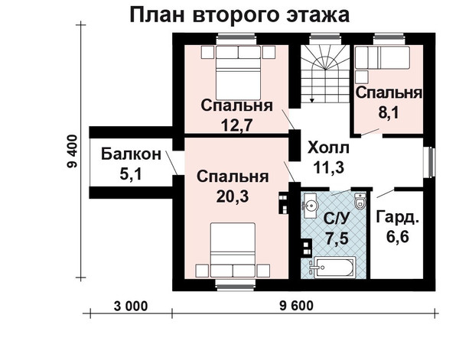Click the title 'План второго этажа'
(239, 15)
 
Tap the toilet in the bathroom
(360, 201)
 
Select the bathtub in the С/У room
(334, 268)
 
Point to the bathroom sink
(311, 206)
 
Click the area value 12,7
(236, 125)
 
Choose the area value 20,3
(233, 196)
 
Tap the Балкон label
(131, 154)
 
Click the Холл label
(328, 148)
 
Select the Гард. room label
(397, 217)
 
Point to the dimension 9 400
(72, 151)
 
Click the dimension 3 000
(131, 306)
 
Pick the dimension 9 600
(296, 306)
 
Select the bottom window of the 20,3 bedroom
(235, 285)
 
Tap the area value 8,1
(389, 112)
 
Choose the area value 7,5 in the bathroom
(337, 238)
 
